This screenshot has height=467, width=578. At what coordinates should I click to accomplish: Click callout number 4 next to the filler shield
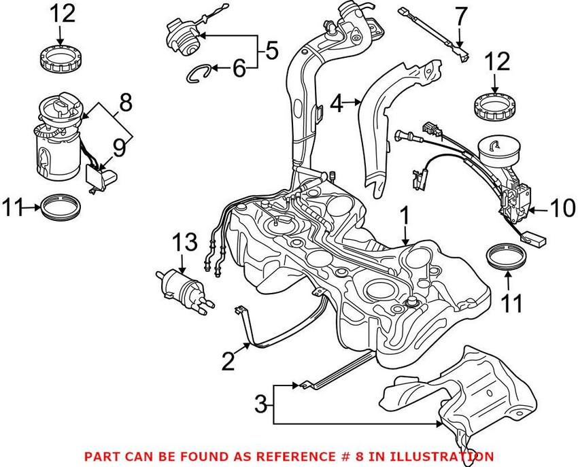tap(335, 104)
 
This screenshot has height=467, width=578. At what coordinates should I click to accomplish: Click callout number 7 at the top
tap(460, 13)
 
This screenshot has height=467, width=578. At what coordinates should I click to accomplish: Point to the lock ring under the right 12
tap(494, 106)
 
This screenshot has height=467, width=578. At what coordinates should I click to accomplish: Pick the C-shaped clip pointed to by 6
tap(198, 71)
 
